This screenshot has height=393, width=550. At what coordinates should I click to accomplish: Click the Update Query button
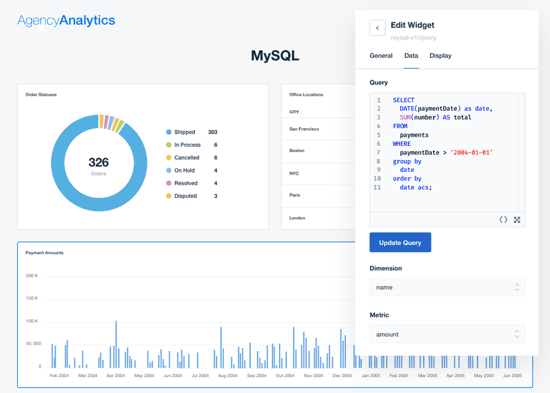tap(400, 243)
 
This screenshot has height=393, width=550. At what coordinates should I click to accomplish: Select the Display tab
tap(440, 56)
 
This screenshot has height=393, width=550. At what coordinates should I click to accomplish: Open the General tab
tap(381, 56)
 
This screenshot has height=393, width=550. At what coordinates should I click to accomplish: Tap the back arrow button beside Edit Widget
tap(377, 28)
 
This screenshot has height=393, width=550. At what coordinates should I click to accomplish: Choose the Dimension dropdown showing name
tap(447, 287)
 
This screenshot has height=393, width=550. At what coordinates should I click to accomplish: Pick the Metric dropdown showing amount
tap(447, 334)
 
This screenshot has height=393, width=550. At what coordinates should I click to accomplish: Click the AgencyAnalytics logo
tap(66, 21)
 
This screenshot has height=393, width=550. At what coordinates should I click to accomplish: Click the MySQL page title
tap(275, 56)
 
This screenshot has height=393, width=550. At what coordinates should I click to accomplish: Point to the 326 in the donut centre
tap(98, 162)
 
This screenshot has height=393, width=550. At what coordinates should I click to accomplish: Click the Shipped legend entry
tap(184, 132)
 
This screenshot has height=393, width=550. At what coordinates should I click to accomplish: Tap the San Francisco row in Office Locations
tap(304, 129)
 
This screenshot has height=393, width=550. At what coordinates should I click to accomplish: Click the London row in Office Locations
tap(298, 218)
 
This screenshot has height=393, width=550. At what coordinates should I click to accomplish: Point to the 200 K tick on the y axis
tap(32, 275)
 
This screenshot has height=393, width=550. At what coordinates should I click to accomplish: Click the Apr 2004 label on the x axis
tap(116, 376)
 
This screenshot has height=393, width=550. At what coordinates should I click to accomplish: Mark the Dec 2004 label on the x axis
tap(342, 376)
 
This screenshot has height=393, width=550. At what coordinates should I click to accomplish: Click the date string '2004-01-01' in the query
tap(472, 153)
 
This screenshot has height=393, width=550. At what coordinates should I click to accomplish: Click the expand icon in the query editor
tap(517, 220)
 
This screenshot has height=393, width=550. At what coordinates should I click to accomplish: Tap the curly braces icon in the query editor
tap(503, 220)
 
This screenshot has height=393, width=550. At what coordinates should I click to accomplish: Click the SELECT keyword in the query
tap(403, 100)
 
